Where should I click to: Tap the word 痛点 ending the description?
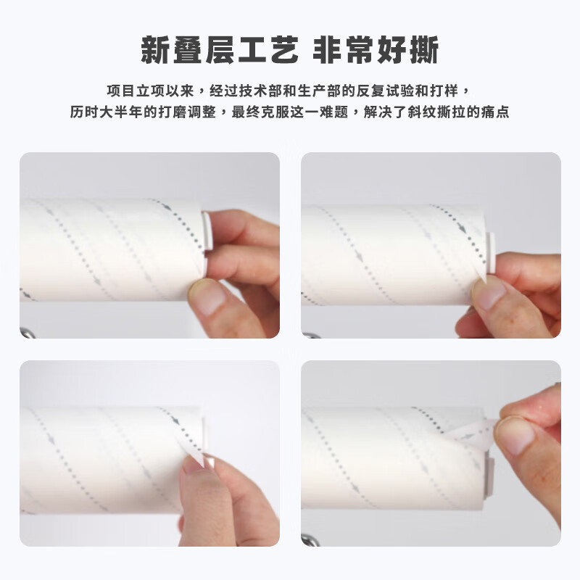[x=496, y=113]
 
